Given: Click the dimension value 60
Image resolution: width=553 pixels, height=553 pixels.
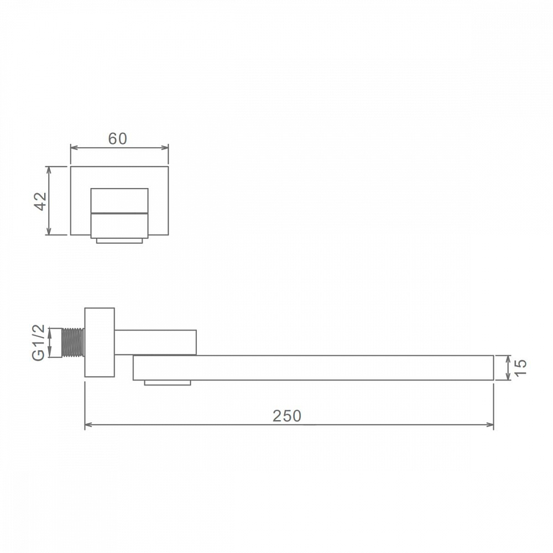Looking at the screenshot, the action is pos(117,139).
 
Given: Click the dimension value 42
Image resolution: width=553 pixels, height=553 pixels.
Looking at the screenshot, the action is pos(41,201).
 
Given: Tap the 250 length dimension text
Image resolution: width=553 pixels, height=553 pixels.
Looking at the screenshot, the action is pos(286,416).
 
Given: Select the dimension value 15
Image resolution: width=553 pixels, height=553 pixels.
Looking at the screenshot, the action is pos(520,368).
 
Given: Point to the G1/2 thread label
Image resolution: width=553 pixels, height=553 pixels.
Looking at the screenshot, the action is pos(39,342).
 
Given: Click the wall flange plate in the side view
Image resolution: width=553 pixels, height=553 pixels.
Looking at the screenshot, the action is pos(100,342).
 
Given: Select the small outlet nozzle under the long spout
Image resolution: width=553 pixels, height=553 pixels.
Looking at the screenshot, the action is pos(168,383).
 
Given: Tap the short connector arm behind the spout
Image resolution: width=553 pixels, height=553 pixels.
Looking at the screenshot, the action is pos(155,342).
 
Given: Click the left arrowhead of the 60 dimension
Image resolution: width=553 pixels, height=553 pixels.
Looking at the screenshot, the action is pos(74,148).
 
